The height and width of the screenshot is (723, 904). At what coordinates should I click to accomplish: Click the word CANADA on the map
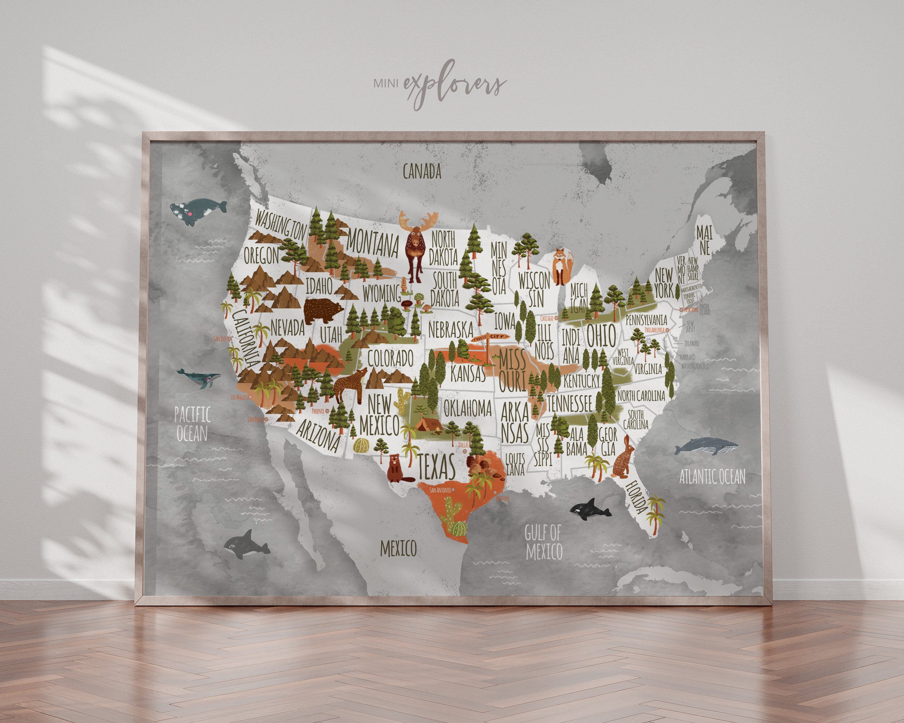[x=422, y=171]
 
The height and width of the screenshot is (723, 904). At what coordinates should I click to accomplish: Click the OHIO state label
[x=601, y=335]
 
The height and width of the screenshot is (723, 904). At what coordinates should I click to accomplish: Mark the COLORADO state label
[x=390, y=358]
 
